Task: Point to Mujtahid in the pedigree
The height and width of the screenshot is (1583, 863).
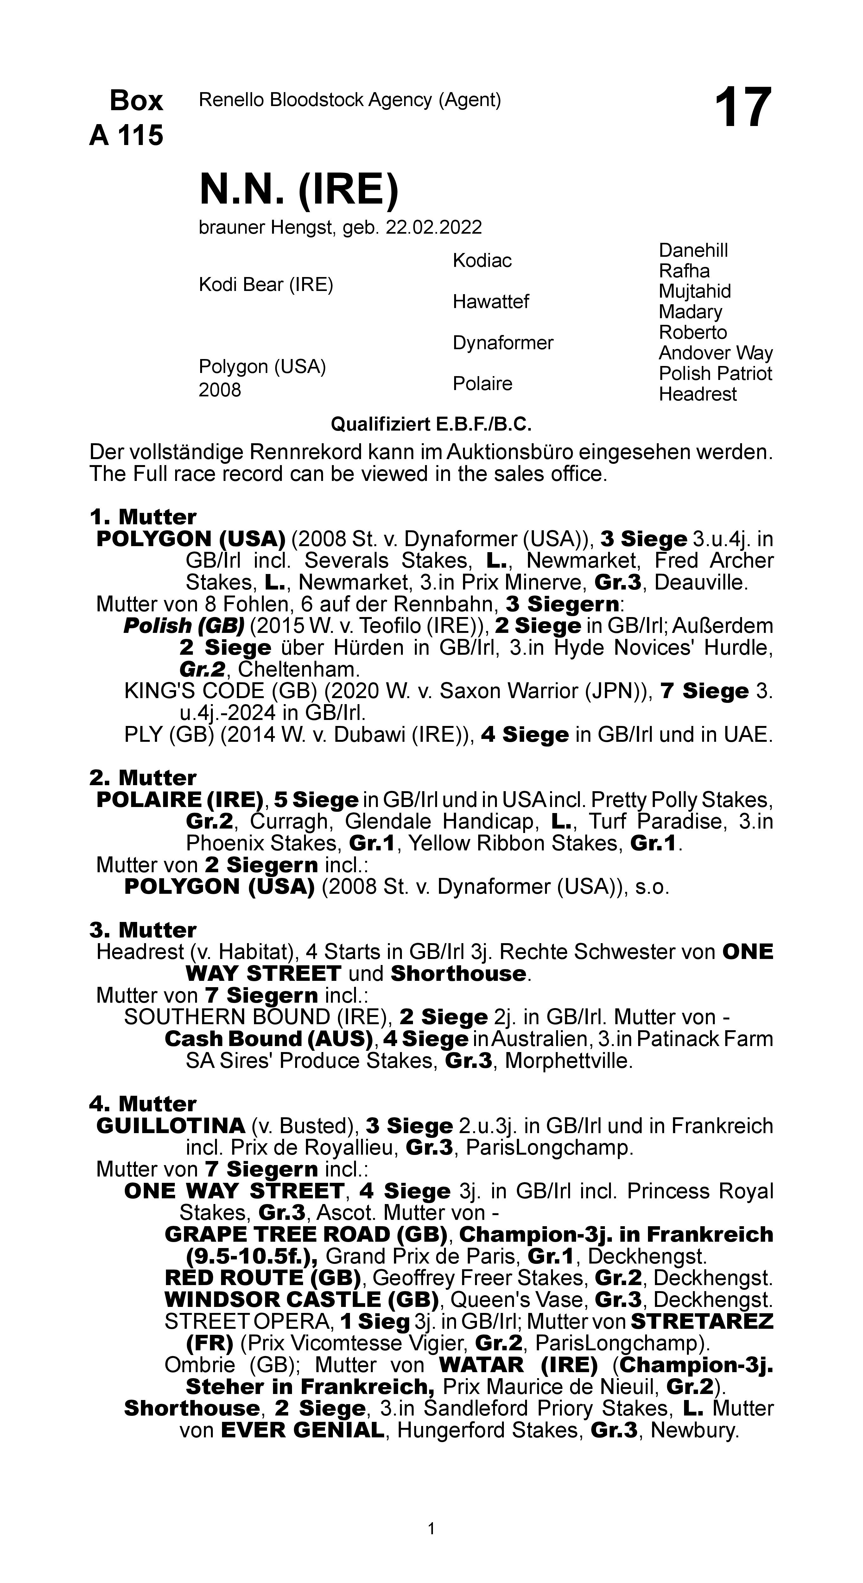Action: click(695, 291)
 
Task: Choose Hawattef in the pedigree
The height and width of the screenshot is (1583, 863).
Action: click(491, 302)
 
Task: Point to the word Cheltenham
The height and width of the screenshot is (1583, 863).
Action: click(298, 669)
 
